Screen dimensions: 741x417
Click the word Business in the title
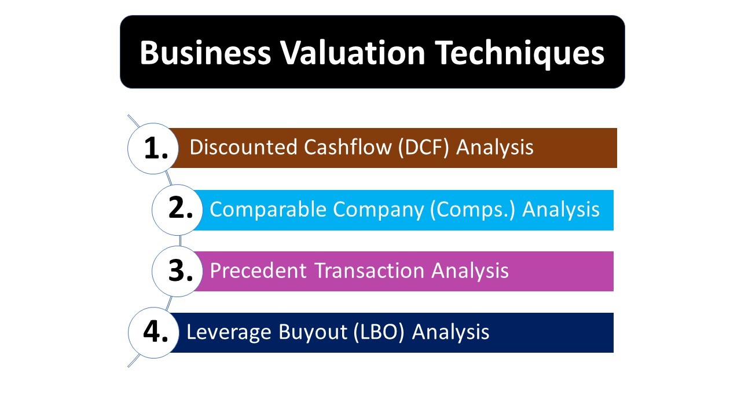pos(205,53)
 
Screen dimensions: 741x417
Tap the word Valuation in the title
pos(353,53)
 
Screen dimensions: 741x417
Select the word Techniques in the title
pos(520,54)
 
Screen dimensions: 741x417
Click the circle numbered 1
pos(153,149)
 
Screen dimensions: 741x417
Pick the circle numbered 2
pos(177,210)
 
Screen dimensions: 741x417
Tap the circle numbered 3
pos(177,272)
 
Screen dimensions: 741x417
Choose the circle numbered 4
pos(153,332)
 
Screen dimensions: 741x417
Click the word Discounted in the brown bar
pos(244,147)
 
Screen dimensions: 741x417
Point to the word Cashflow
pos(348,147)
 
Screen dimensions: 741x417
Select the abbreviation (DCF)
pos(424,148)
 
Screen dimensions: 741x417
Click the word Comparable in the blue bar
pos(268,210)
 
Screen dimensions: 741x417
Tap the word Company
pos(378,210)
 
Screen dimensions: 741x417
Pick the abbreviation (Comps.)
pos(473,210)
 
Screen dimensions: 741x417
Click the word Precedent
pos(258,270)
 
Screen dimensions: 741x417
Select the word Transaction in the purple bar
pos(369,270)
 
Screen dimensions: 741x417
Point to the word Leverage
pos(229,332)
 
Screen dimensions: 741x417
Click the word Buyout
pos(313,332)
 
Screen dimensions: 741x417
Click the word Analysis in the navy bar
pos(450,332)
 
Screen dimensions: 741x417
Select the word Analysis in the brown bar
pos(495,148)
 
